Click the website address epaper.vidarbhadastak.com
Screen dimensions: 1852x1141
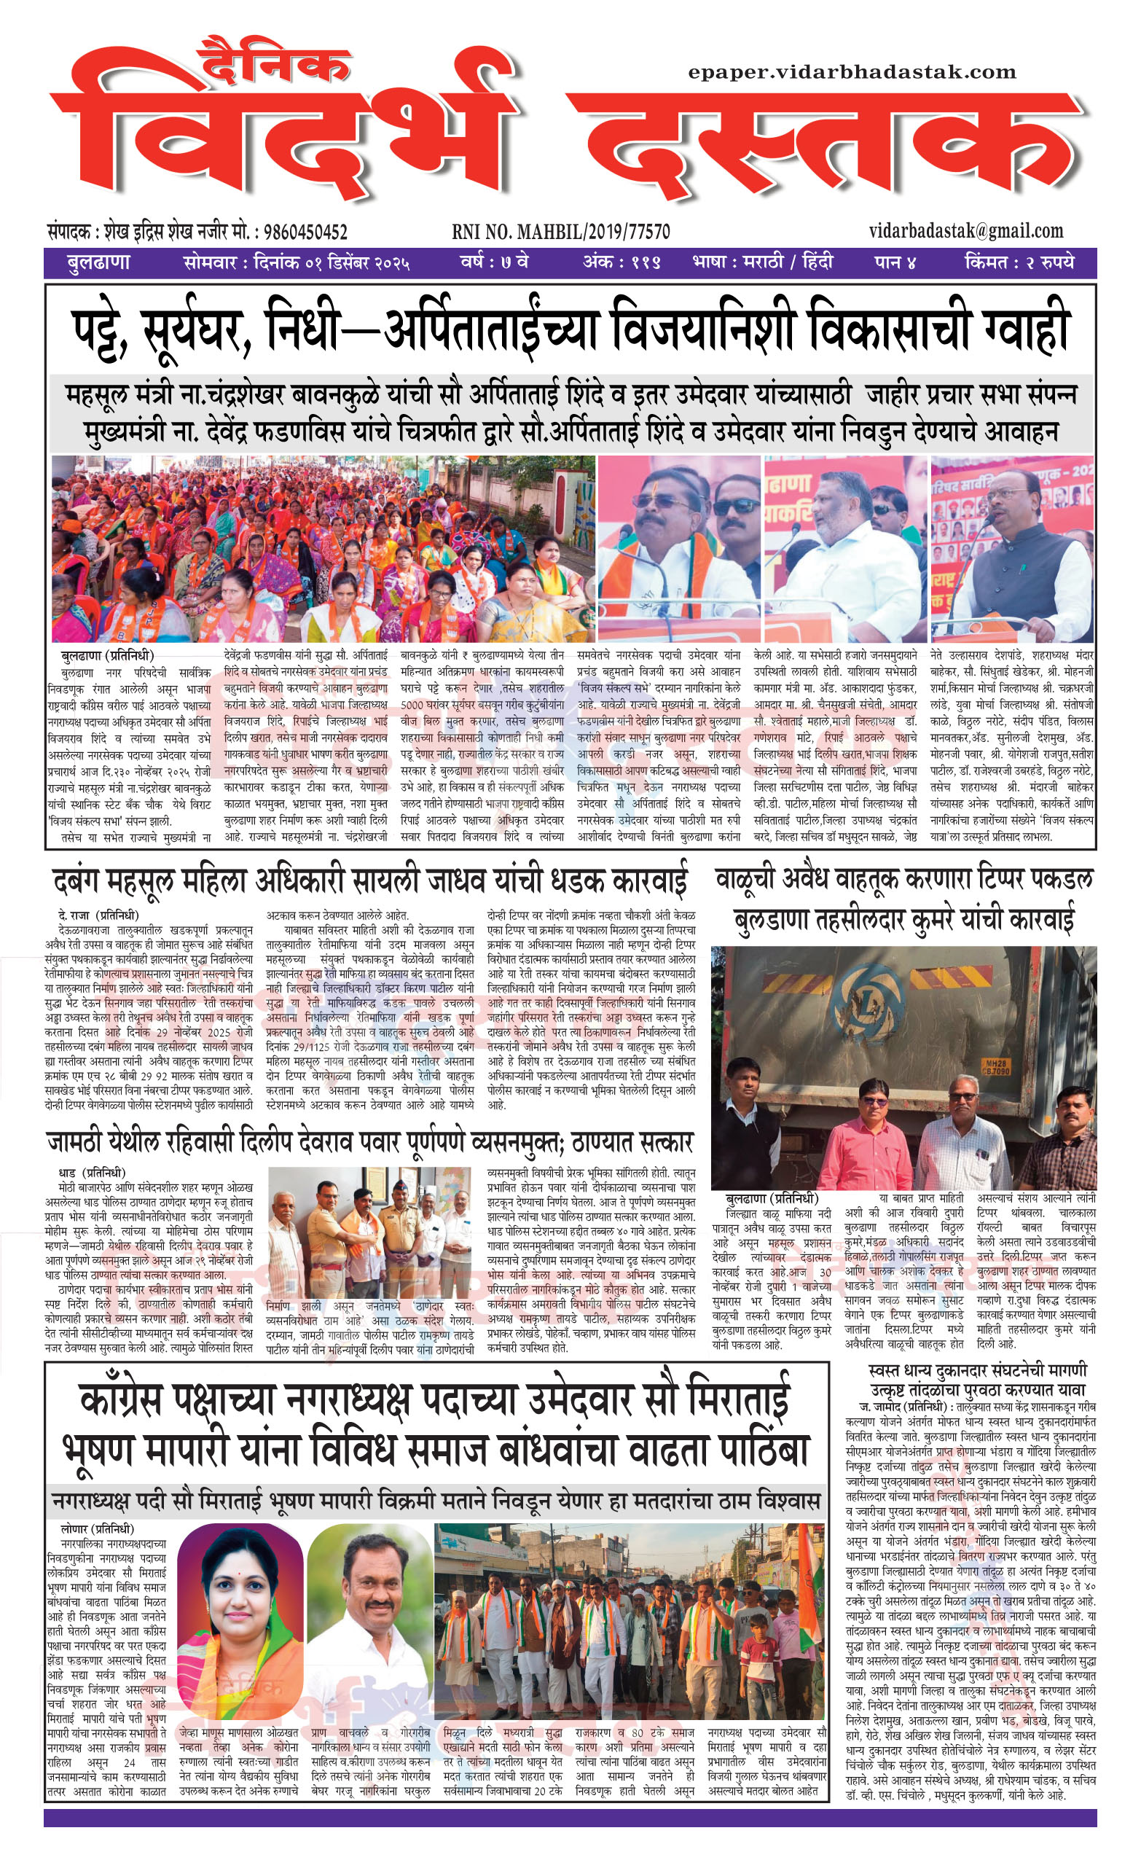point(852,72)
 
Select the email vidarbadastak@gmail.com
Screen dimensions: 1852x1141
point(966,230)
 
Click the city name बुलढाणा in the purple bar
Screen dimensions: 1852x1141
point(98,263)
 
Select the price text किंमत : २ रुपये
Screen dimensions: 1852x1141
point(1019,263)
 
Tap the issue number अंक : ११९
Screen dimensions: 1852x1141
point(622,263)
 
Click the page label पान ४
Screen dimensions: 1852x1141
point(895,263)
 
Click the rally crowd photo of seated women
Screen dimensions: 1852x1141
point(323,549)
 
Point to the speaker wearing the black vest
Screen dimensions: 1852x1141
point(1019,551)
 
